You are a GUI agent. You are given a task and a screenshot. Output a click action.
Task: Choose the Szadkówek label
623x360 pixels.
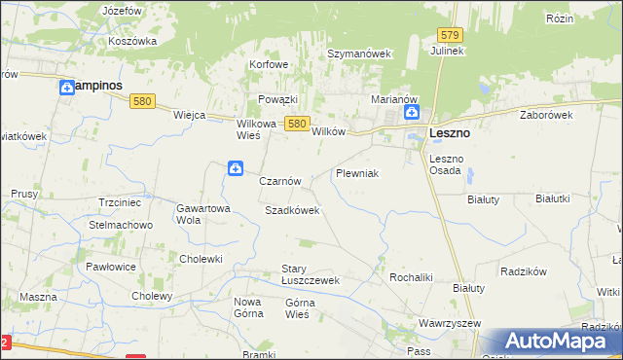coord(292,210)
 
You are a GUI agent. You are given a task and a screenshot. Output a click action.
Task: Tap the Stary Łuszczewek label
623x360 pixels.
coord(310,274)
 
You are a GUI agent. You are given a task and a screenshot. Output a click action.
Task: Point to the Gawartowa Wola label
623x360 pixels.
coord(202,213)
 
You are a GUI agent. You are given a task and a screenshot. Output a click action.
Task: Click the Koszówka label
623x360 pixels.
coord(133,41)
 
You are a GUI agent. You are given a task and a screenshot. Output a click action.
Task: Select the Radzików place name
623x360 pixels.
coord(526,271)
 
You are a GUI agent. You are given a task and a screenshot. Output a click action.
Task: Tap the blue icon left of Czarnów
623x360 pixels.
coord(236,169)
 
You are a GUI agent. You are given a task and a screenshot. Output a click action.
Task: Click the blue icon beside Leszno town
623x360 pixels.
coord(412,112)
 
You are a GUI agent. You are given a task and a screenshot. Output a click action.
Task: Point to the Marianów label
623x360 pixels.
coord(394,99)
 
